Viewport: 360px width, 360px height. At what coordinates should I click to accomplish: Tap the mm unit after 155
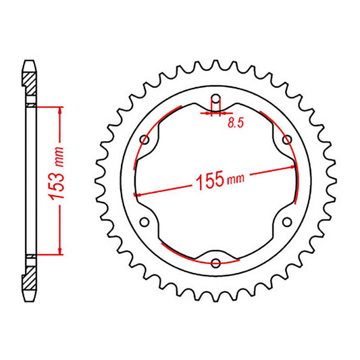236,177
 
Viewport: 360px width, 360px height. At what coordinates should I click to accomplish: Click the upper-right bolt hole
287,140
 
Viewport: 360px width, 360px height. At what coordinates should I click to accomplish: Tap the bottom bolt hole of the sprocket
215,263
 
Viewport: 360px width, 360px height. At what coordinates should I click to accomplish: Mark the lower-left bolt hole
144,222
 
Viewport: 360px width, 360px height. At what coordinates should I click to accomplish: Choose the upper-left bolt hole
144,140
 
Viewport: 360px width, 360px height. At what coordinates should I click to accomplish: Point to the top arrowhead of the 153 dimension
61,110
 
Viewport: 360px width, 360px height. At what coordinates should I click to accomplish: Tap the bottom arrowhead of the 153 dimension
61,251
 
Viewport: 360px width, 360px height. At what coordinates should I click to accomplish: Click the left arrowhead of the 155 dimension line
138,193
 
